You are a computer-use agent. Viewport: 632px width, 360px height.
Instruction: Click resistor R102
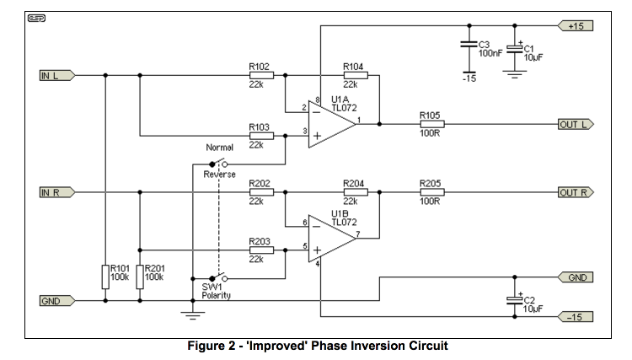[x=261, y=75]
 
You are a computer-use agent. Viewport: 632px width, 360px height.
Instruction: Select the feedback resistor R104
[x=356, y=75]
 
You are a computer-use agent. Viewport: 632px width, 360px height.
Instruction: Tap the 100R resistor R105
[x=431, y=124]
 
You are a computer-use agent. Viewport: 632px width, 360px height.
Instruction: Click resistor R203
[x=261, y=250]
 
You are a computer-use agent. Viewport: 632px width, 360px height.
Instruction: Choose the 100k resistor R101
[x=105, y=273]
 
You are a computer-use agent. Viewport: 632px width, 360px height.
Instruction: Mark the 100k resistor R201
[x=139, y=273]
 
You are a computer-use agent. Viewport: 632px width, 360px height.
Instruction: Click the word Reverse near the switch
[x=219, y=174]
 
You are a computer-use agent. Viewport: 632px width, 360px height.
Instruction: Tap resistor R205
[x=431, y=192]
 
